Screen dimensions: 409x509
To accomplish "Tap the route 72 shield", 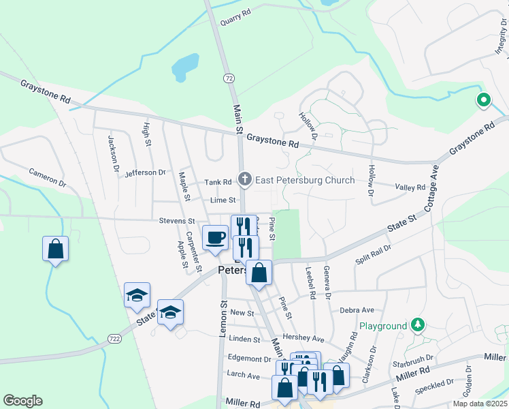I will pyautogui.click(x=229, y=79).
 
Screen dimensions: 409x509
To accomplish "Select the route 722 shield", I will pyautogui.click(x=114, y=338).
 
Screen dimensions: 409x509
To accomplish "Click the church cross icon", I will pyautogui.click(x=245, y=181).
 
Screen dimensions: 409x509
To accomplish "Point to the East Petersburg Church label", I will pyautogui.click(x=305, y=181).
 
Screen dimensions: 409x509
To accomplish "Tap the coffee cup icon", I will pyautogui.click(x=216, y=237).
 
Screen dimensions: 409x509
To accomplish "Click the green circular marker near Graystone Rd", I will pyautogui.click(x=484, y=102).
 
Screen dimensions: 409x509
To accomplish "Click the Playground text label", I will pyautogui.click(x=383, y=327).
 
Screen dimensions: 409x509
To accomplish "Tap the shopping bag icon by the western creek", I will pyautogui.click(x=56, y=249).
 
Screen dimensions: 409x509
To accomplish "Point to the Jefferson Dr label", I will pyautogui.click(x=146, y=173).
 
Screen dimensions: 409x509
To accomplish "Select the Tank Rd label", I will pyautogui.click(x=218, y=182).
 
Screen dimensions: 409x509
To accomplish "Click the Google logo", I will pyautogui.click(x=23, y=401).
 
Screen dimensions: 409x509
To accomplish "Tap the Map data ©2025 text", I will pyautogui.click(x=479, y=404).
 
